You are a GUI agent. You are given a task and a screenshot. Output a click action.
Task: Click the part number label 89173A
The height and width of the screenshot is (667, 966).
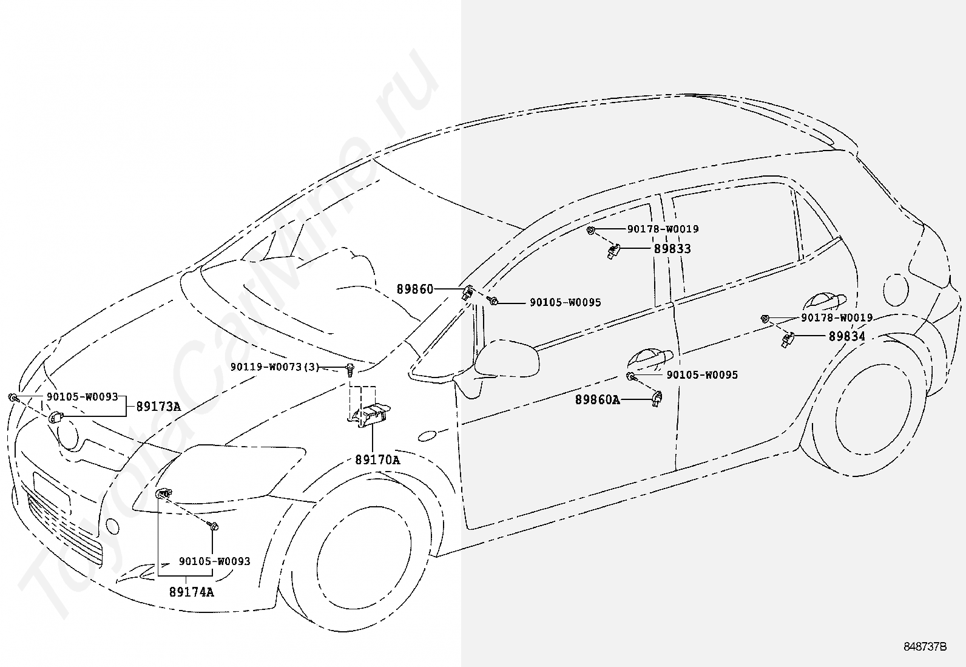click(158, 407)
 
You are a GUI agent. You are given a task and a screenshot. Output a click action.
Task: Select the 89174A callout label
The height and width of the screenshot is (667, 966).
click(191, 592)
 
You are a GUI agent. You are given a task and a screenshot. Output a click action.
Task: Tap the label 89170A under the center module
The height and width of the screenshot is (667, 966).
click(377, 460)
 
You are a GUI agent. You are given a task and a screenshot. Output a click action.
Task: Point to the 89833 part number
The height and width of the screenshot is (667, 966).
click(672, 249)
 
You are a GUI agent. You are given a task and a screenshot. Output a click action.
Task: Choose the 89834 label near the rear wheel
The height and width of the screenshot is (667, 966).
click(847, 336)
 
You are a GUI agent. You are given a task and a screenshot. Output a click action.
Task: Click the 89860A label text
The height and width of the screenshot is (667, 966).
click(598, 400)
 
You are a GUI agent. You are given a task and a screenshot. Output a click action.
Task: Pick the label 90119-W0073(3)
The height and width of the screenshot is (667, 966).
click(275, 367)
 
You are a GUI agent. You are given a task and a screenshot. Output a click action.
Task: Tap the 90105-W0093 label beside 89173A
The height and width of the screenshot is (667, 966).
click(83, 397)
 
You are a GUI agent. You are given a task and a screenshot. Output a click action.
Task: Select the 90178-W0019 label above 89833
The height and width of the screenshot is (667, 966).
click(663, 229)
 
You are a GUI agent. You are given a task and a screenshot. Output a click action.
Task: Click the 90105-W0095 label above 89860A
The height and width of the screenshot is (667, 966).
click(702, 375)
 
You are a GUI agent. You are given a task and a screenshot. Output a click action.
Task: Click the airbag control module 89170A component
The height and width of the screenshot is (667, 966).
click(371, 416)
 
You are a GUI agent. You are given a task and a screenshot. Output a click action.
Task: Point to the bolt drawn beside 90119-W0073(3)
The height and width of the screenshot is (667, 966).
click(350, 370)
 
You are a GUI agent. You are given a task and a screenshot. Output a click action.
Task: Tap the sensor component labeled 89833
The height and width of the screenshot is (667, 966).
click(613, 251)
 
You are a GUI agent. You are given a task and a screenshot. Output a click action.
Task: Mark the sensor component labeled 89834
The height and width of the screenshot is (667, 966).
click(788, 340)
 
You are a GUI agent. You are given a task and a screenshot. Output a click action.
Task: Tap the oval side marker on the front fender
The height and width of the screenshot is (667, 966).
click(427, 436)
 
